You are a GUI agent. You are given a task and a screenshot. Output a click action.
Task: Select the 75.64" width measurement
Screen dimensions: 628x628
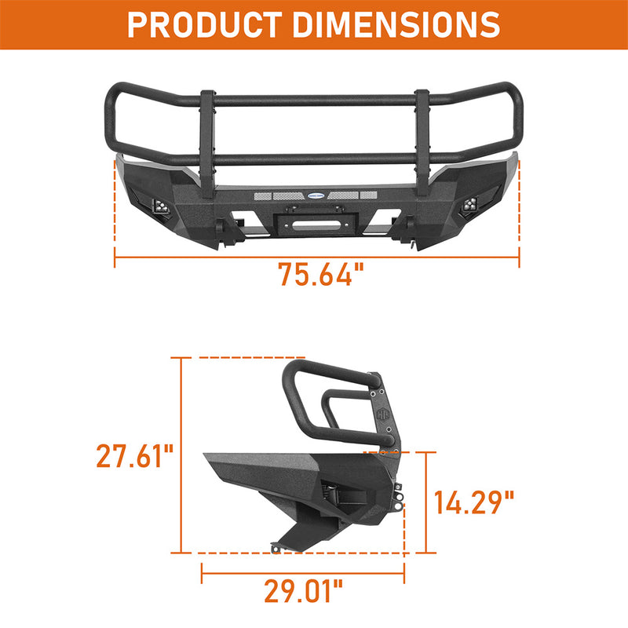[321, 275]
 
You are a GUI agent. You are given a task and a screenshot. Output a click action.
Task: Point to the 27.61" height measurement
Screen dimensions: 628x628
[134, 456]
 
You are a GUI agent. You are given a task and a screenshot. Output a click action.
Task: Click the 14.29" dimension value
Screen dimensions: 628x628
[474, 502]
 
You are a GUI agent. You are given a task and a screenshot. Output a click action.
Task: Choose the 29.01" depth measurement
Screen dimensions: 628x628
[303, 590]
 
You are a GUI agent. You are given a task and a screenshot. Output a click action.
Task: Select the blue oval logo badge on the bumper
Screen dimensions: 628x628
[316, 194]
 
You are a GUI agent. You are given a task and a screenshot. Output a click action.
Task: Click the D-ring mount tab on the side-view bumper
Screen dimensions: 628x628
[401, 499]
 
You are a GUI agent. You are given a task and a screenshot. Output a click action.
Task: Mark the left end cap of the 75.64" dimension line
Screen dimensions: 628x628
[115, 257]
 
